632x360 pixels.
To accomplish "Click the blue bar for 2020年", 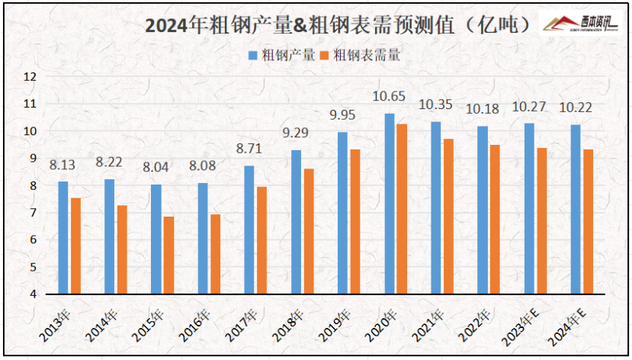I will tap(390, 204).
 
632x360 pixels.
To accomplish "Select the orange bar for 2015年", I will tap(168, 256).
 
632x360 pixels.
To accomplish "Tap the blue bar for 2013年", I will tap(63, 237).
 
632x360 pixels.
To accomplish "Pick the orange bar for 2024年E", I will tap(588, 221).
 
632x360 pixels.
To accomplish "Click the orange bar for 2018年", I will tap(309, 231).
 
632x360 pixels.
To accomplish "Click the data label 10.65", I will tap(388, 96).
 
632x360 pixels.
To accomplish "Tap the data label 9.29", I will tap(297, 133).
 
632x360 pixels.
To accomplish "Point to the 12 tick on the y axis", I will tap(30, 76).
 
